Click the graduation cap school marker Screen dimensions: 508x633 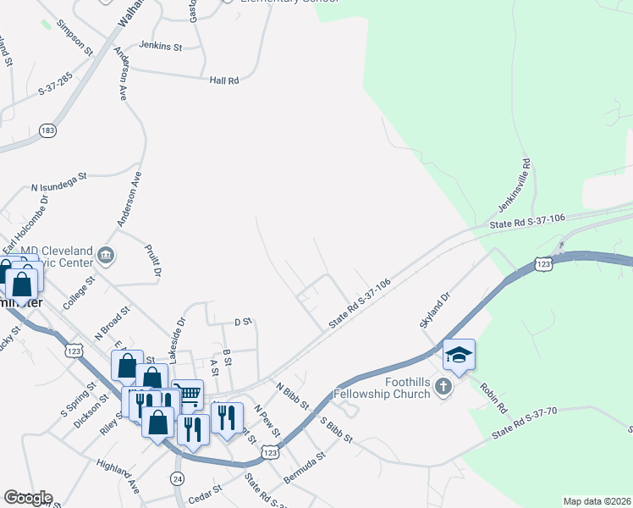(x=459, y=354)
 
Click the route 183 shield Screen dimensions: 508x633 (x=47, y=130)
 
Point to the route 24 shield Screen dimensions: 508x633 (x=178, y=478)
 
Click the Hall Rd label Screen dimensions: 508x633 (x=225, y=80)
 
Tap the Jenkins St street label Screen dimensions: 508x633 (x=161, y=47)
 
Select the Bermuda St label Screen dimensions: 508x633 (x=305, y=466)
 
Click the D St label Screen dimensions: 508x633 (x=243, y=322)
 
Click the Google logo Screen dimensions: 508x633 (x=28, y=498)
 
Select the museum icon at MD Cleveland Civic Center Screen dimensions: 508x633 (x=107, y=254)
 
